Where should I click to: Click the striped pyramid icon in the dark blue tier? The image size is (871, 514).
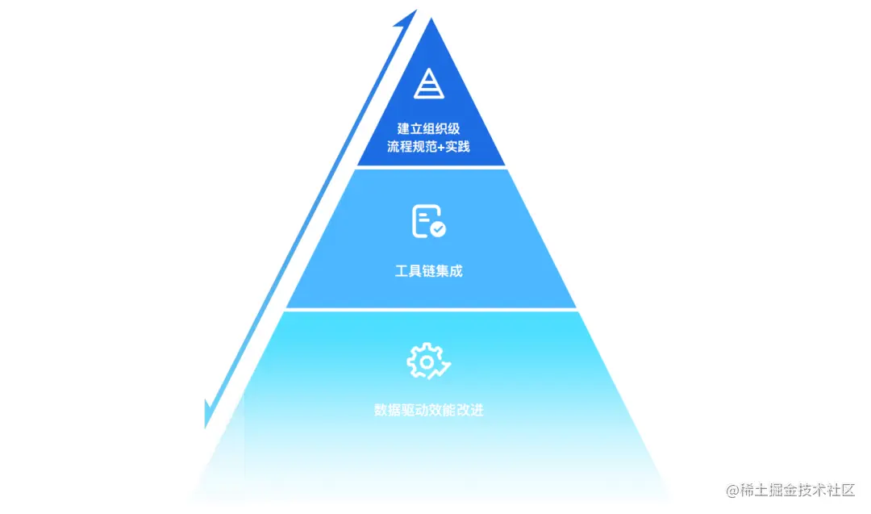tap(429, 83)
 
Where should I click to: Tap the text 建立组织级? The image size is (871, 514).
tap(429, 129)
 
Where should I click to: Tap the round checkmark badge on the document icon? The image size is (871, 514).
tap(438, 230)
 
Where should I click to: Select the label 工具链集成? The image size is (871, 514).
tap(429, 271)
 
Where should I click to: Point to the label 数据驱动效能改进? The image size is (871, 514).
tap(429, 410)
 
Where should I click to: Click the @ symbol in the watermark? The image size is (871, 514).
tap(732, 491)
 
